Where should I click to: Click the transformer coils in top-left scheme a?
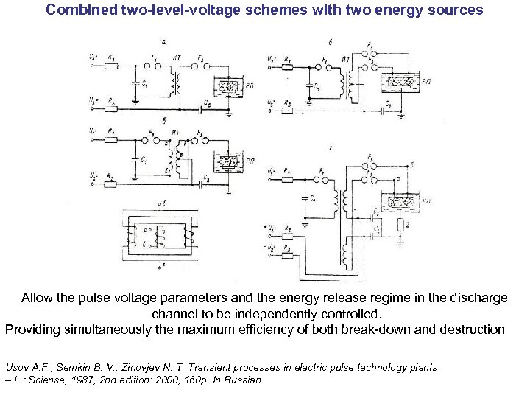click(x=175, y=83)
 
